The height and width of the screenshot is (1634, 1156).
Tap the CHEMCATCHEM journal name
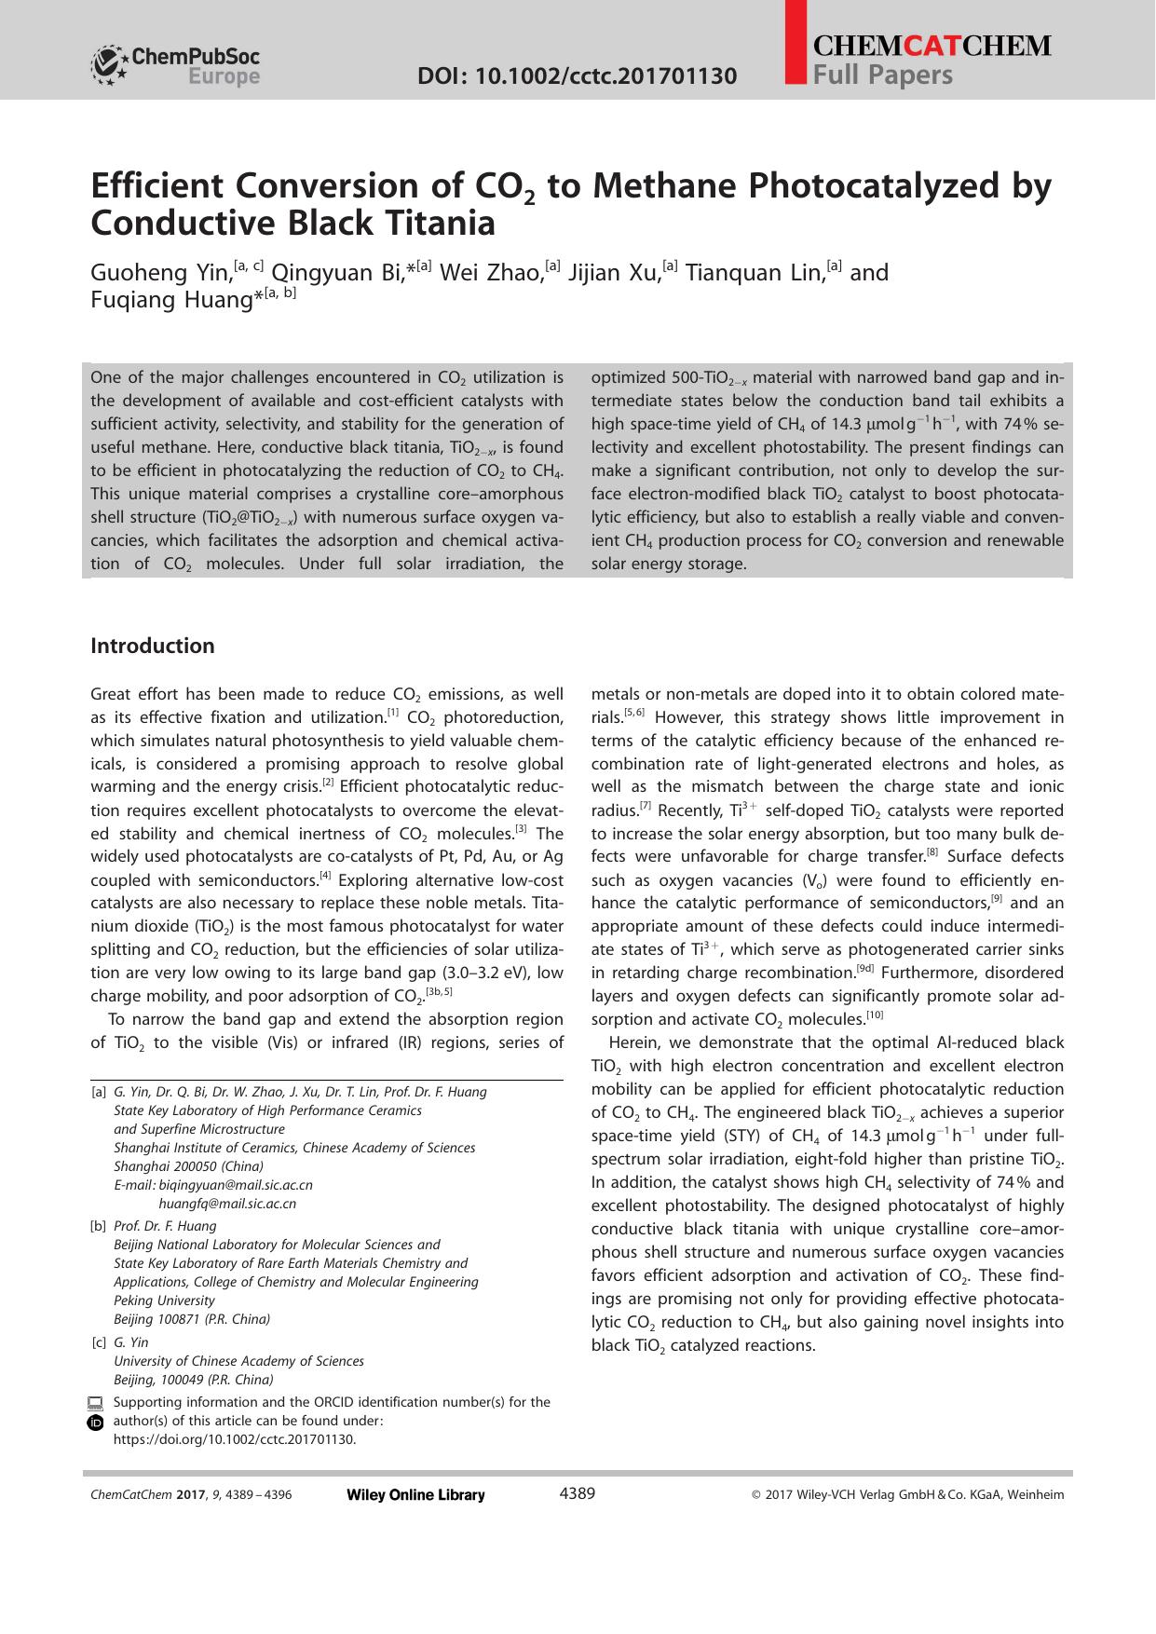tap(931, 46)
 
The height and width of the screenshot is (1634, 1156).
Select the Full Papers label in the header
tap(882, 75)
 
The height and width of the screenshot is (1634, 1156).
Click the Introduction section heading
tap(152, 646)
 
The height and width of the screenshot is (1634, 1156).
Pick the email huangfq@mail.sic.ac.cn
tap(227, 1204)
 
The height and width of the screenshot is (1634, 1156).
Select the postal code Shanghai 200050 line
tap(188, 1166)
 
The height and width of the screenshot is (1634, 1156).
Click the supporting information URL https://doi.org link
tap(234, 1439)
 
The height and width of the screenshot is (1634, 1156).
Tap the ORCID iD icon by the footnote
tap(95, 1423)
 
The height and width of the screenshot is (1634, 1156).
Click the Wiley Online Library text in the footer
tap(415, 1495)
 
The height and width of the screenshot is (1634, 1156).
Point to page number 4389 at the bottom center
tap(577, 1494)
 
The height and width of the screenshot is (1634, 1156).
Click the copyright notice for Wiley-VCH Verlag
tap(907, 1495)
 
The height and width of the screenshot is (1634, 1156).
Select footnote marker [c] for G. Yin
tap(98, 1342)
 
